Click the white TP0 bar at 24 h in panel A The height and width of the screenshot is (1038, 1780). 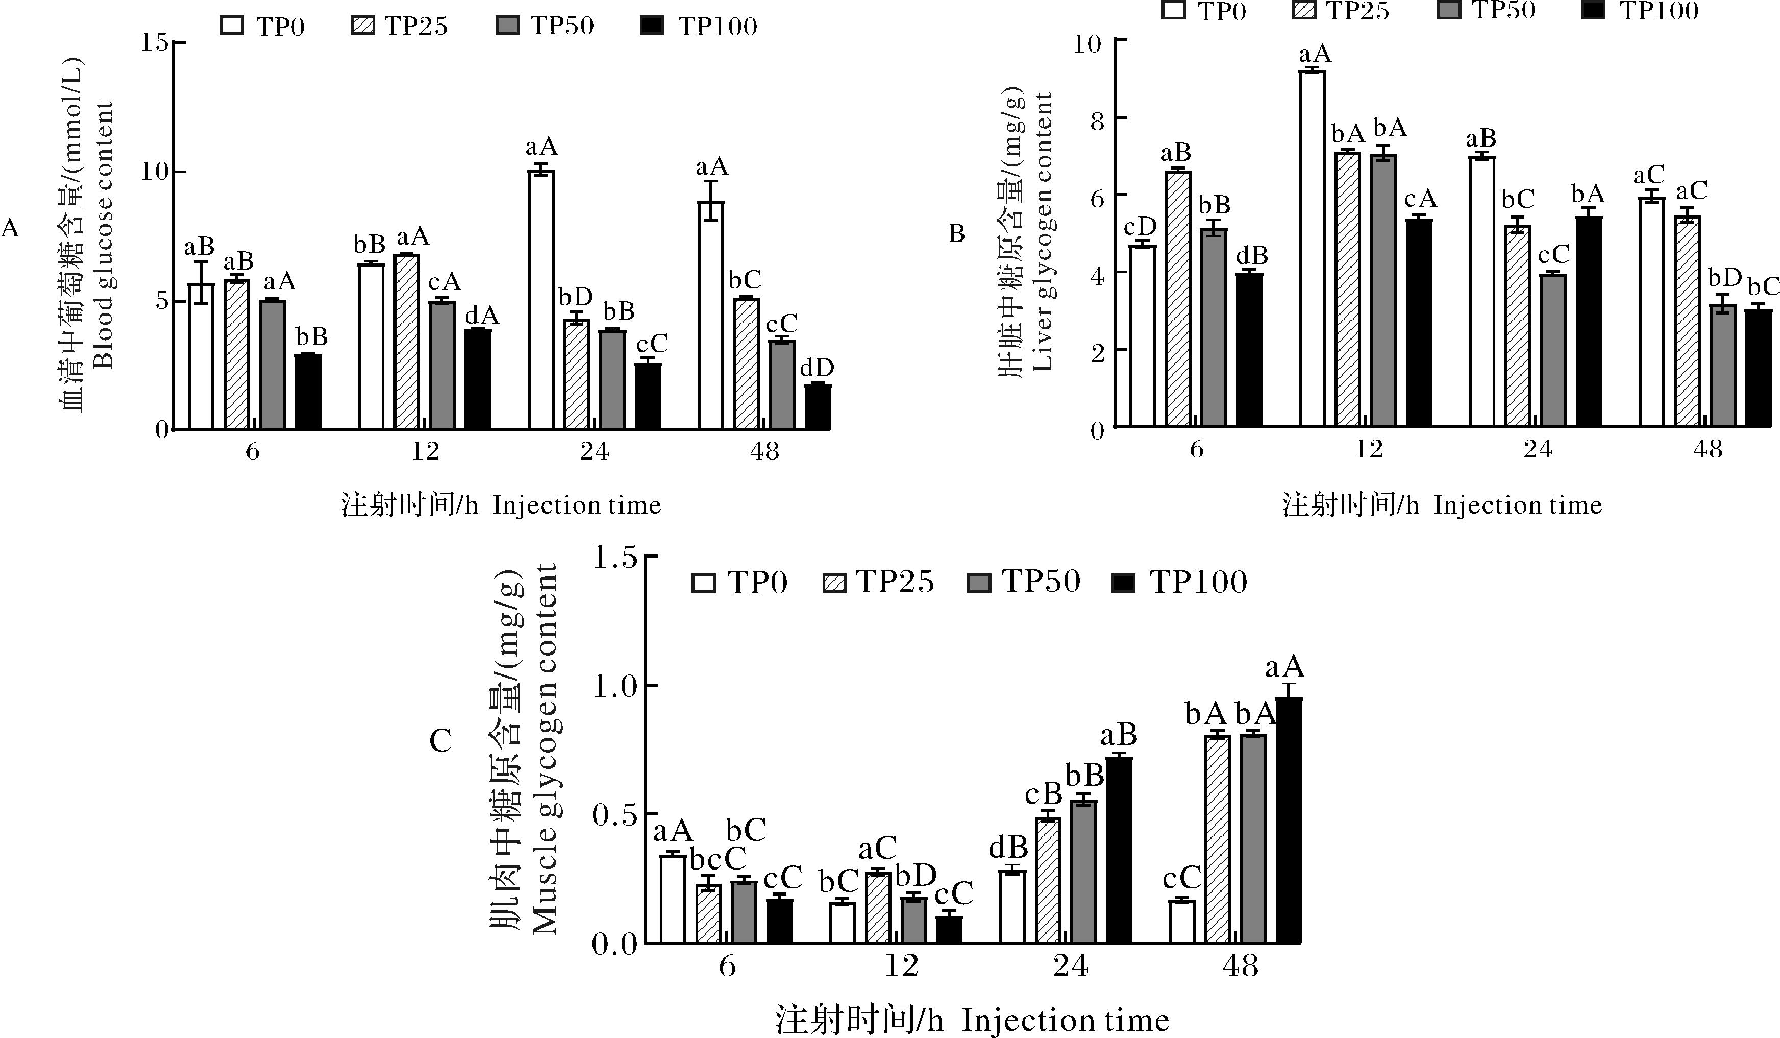tap(541, 300)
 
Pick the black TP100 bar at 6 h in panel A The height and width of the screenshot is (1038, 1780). tap(308, 392)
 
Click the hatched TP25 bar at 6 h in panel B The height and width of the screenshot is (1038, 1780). tap(1178, 298)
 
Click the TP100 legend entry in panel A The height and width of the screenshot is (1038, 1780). tap(699, 26)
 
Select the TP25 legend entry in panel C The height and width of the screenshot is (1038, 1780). tap(879, 582)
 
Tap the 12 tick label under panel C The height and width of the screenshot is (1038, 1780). tap(901, 965)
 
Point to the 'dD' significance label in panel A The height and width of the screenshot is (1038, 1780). tap(817, 368)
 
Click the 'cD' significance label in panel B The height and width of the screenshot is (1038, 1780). tap(1140, 227)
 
